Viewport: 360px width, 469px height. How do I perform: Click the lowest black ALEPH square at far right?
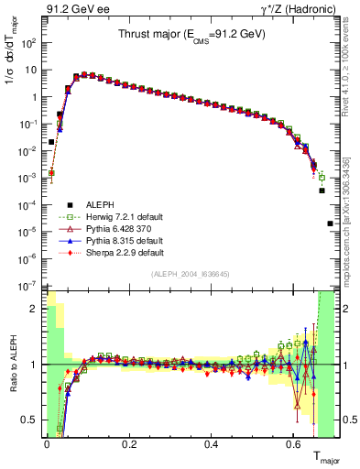click(x=330, y=224)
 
